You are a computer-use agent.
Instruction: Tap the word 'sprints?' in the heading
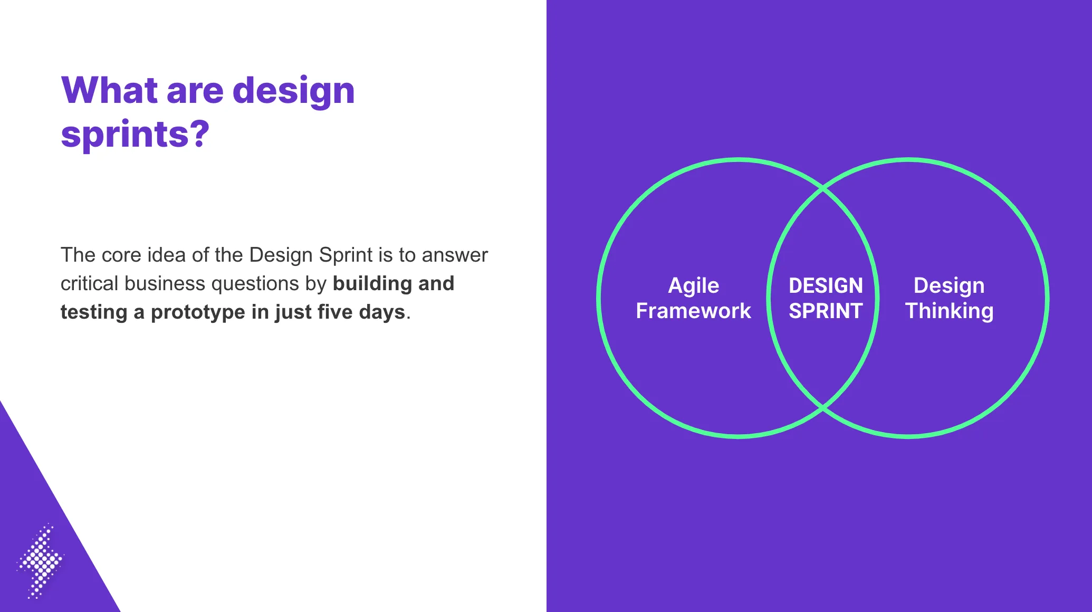tap(135, 134)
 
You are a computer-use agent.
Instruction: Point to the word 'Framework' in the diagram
tap(693, 311)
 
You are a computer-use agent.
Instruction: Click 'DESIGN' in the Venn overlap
tap(826, 285)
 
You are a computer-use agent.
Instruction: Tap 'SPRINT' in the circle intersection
tap(826, 311)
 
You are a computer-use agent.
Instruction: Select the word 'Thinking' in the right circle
tap(949, 312)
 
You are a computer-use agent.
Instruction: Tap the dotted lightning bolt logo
tap(40, 561)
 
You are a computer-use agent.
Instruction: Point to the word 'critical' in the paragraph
tap(89, 283)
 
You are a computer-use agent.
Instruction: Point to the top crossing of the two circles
tap(823, 188)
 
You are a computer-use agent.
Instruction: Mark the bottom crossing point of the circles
tap(823, 408)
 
